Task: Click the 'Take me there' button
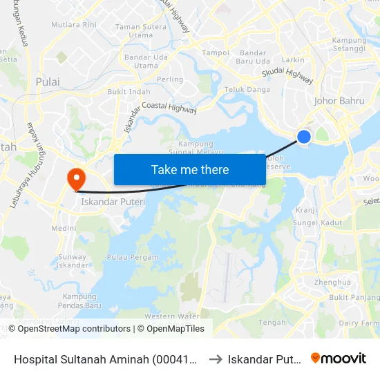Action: pos(189,170)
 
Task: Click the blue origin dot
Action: pos(303,137)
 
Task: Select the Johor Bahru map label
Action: pos(339,101)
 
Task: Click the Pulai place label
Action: pos(48,82)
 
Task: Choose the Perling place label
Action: pos(170,79)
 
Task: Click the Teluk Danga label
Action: pos(247,90)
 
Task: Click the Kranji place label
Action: pos(305,210)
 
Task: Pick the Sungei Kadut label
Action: pos(317,222)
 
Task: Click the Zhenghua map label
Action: pos(332,283)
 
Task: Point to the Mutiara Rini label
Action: pos(78,24)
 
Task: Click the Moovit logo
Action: pos(339,358)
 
